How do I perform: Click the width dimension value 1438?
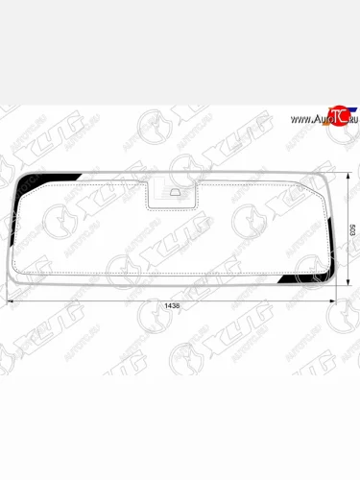(x=171, y=304)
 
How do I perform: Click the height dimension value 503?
(x=352, y=230)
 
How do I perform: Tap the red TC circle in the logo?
(x=335, y=116)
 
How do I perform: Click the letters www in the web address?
(x=296, y=119)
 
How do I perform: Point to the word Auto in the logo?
(x=317, y=119)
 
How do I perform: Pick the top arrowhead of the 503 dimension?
(x=348, y=176)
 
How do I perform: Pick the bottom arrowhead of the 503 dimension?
(x=348, y=283)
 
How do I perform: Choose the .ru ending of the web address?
(x=348, y=119)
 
